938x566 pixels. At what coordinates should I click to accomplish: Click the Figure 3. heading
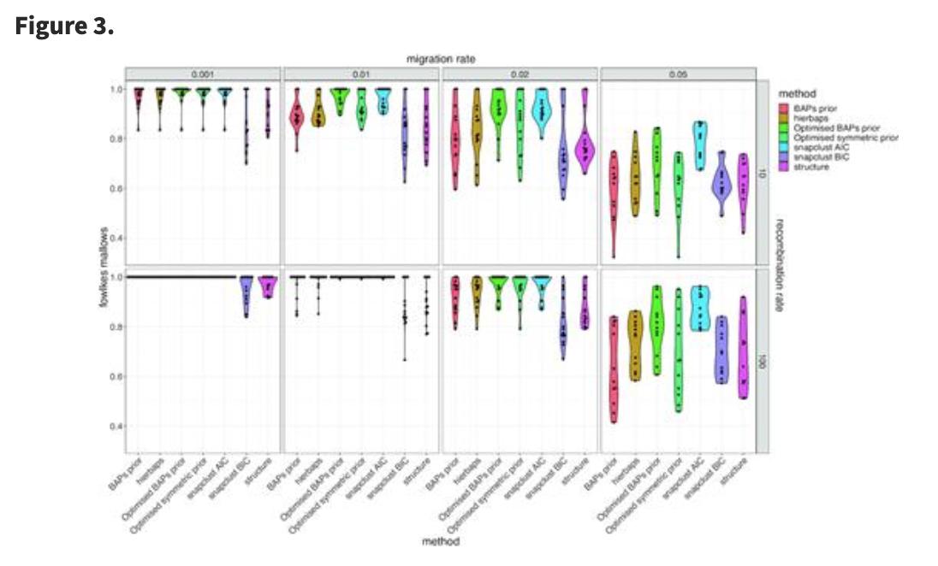(x=64, y=27)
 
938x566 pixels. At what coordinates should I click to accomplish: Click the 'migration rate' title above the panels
(x=441, y=58)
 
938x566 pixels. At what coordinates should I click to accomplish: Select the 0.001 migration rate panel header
(x=203, y=74)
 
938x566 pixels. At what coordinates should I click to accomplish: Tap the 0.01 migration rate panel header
(x=361, y=74)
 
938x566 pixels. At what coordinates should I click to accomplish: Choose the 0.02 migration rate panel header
(x=520, y=74)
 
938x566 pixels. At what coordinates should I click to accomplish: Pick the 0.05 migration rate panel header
(x=680, y=74)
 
